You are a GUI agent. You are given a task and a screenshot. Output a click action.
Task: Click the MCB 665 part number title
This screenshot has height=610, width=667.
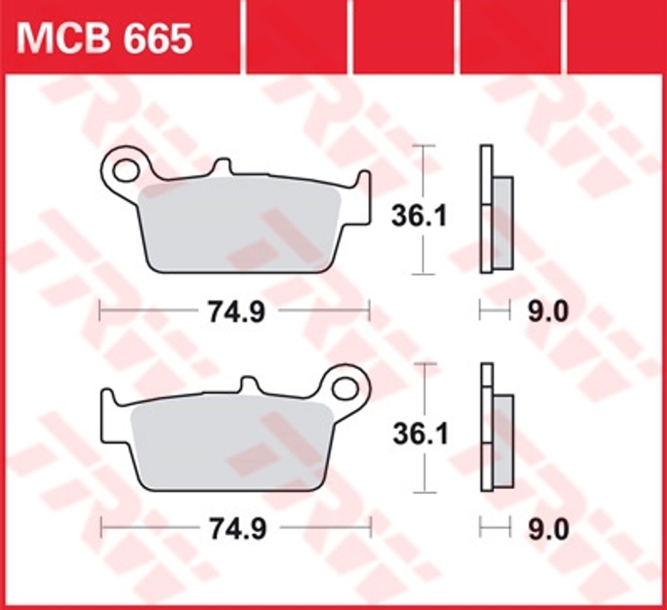coord(104,38)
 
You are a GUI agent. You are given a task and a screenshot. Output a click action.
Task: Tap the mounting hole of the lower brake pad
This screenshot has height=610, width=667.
coord(345,389)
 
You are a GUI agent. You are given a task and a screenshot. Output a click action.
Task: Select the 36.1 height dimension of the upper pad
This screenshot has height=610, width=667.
coord(419,216)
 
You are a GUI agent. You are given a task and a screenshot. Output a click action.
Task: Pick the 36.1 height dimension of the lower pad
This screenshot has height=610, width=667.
coord(420,435)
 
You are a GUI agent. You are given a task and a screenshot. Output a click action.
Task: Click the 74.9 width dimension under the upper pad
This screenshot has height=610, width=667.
coord(236,312)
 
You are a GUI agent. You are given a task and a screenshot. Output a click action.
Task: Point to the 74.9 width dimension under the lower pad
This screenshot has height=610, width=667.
coord(238,530)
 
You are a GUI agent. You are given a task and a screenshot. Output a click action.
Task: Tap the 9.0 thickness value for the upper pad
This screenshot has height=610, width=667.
coord(548,312)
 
